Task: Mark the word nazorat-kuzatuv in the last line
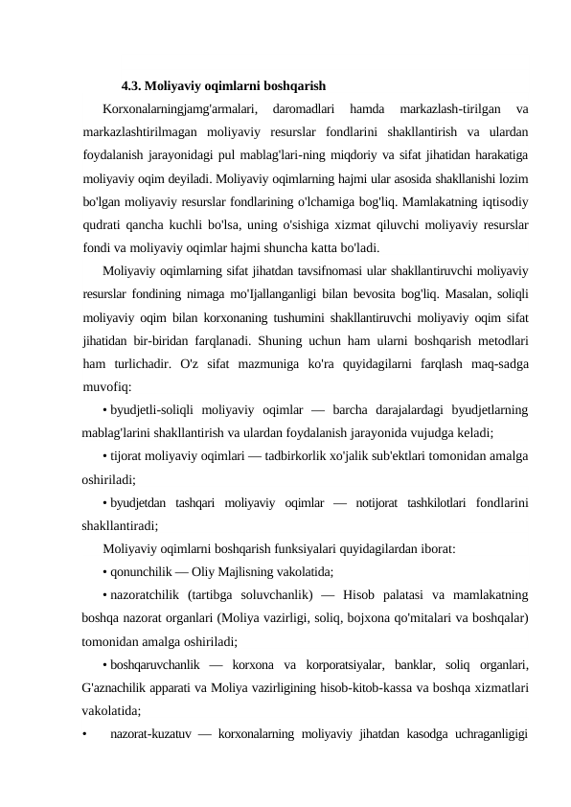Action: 152,735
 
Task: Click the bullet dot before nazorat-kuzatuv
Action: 85,735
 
